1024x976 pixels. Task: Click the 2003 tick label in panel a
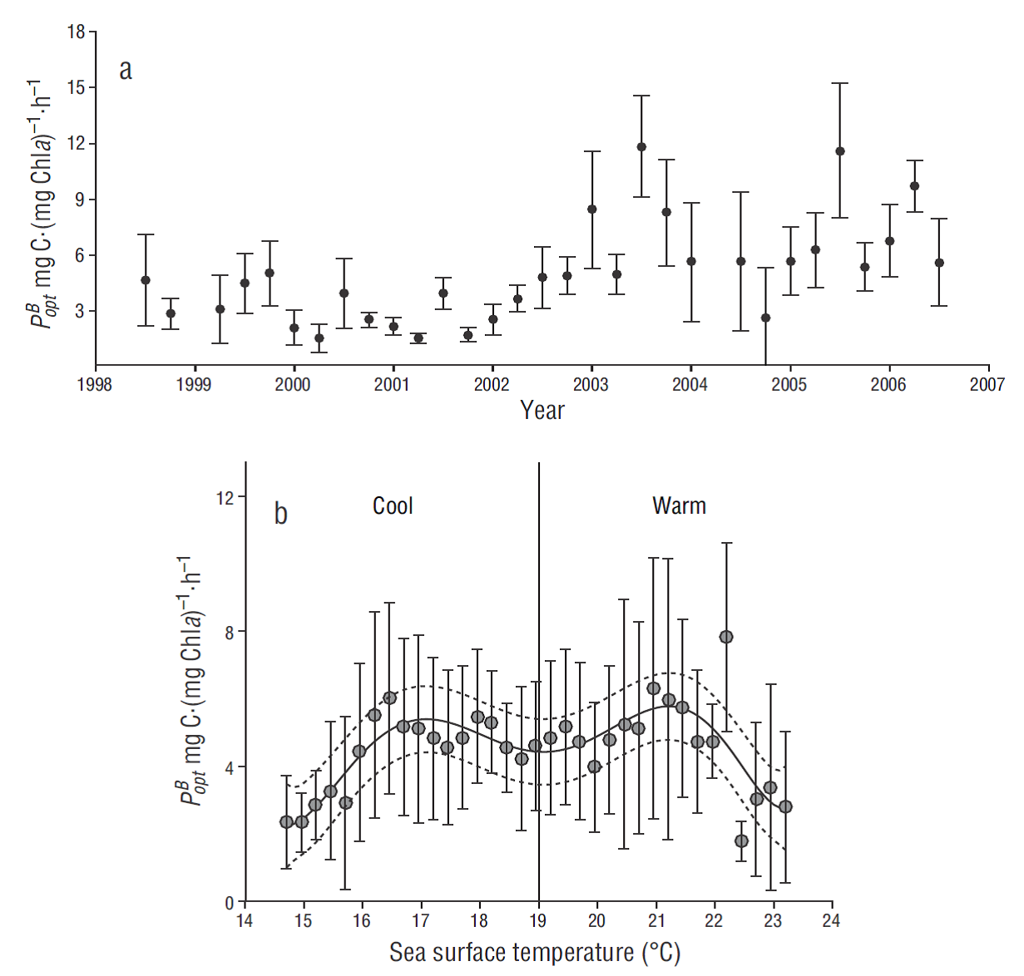(591, 384)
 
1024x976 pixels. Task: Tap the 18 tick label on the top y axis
(77, 32)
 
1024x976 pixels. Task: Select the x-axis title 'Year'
(542, 410)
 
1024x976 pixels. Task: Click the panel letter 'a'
(126, 70)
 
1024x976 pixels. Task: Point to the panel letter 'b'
(281, 514)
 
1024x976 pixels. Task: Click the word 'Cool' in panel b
(393, 505)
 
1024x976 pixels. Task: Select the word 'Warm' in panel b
(679, 505)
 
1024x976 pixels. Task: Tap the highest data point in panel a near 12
(641, 147)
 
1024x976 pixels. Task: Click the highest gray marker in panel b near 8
(726, 637)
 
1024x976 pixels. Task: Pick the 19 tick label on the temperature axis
(538, 920)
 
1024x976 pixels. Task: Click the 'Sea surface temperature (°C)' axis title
(535, 953)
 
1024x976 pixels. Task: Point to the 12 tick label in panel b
(225, 497)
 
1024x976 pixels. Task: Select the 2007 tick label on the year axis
(987, 384)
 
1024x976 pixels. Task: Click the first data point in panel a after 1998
(146, 280)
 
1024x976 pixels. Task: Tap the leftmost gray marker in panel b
(286, 821)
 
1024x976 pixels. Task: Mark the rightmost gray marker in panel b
(785, 806)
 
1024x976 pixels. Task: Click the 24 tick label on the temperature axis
(831, 920)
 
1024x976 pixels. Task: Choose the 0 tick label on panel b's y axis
(230, 902)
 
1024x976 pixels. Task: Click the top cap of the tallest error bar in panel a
(840, 83)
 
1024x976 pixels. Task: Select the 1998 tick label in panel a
(95, 384)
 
